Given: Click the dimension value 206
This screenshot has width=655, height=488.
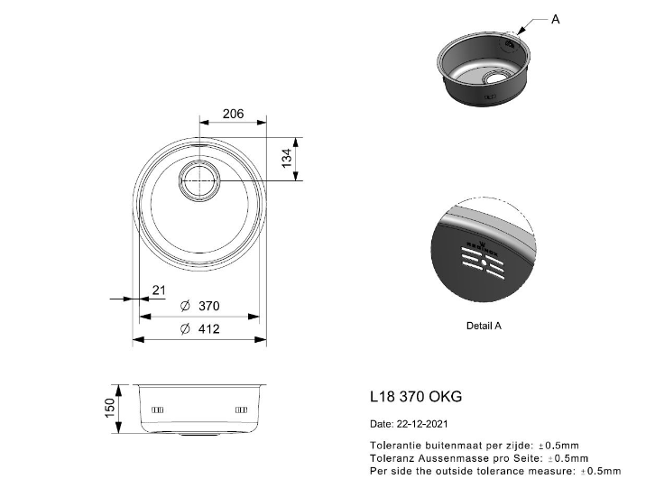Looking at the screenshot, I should [x=233, y=114].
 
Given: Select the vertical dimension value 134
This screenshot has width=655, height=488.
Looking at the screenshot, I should [x=288, y=160].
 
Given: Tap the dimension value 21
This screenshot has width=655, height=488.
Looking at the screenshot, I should [x=159, y=290].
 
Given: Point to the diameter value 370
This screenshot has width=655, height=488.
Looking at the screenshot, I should [x=208, y=307].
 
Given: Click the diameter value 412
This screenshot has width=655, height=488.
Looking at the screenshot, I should [x=208, y=329].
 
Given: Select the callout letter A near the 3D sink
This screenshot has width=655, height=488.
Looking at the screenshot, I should [x=555, y=18].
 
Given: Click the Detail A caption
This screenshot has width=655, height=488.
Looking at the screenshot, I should [x=484, y=326].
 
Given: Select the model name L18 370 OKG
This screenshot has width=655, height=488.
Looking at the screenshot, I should [x=416, y=396].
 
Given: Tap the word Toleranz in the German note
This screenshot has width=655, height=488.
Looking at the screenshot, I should [x=391, y=458].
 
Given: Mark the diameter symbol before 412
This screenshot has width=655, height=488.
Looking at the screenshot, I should [x=184, y=329].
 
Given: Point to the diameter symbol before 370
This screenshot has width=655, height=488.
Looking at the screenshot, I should [x=184, y=307].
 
